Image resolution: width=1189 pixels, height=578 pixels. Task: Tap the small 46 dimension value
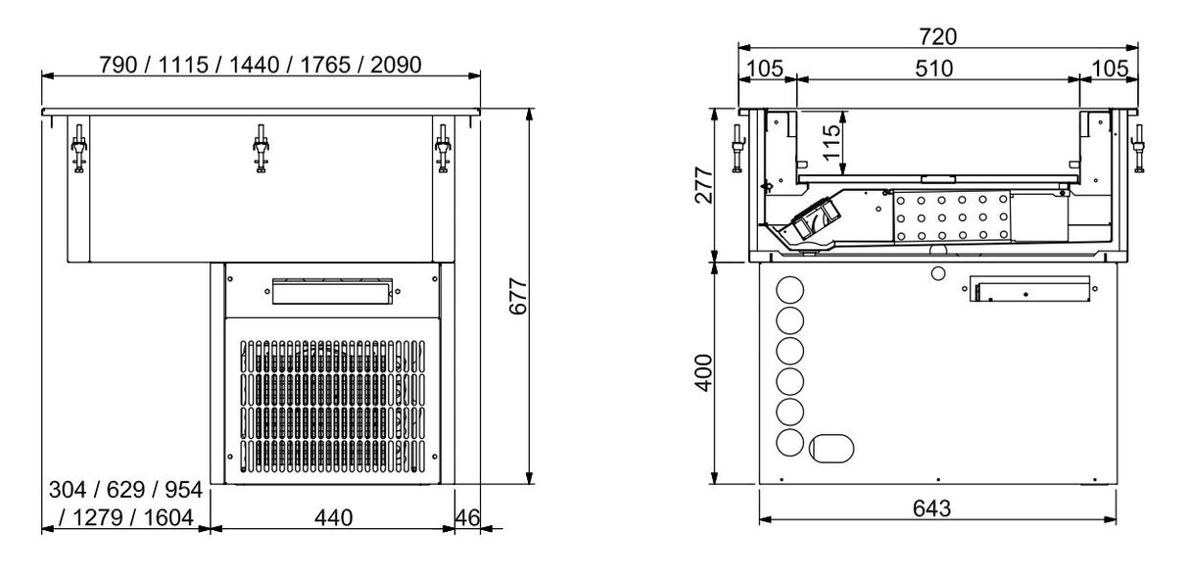(467, 516)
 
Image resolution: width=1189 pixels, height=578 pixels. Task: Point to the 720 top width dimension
(937, 37)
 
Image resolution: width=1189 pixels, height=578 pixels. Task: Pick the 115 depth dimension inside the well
(831, 143)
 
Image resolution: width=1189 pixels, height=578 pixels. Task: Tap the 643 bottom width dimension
(937, 508)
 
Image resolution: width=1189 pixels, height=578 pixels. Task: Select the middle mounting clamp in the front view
(261, 149)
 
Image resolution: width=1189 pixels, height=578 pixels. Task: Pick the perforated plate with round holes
(950, 215)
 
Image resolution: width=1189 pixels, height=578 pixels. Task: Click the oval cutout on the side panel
(831, 448)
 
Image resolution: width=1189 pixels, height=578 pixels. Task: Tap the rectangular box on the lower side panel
(1029, 290)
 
